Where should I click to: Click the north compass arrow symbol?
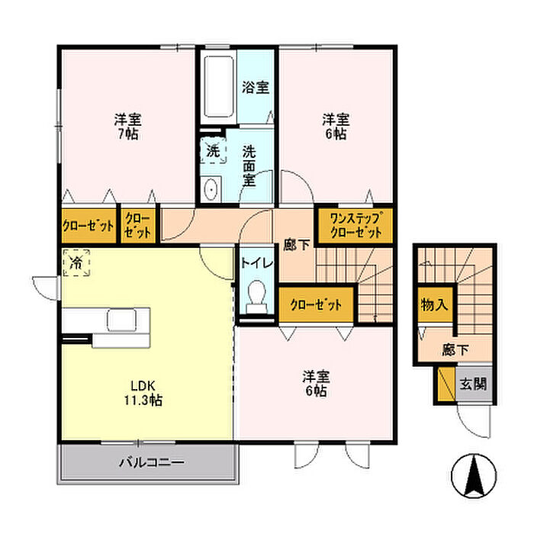[x=474, y=476]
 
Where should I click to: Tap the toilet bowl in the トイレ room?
[x=257, y=296]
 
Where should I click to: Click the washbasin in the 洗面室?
[x=211, y=189]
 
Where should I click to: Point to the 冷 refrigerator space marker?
[x=76, y=262]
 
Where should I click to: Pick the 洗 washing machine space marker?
[x=213, y=150]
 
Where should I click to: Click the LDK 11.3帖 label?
[x=143, y=393]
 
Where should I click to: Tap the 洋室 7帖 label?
[x=127, y=127]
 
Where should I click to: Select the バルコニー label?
[x=152, y=462]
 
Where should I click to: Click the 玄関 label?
[x=473, y=384]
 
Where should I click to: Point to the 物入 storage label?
[x=434, y=304]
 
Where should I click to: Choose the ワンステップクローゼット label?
[x=356, y=225]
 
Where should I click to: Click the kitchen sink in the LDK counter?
[x=122, y=320]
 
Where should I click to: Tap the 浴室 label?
[x=256, y=87]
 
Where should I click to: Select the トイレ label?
[x=257, y=263]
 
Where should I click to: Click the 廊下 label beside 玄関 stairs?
[x=455, y=349]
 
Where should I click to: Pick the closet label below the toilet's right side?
[x=316, y=305]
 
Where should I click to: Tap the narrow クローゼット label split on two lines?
[x=137, y=225]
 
